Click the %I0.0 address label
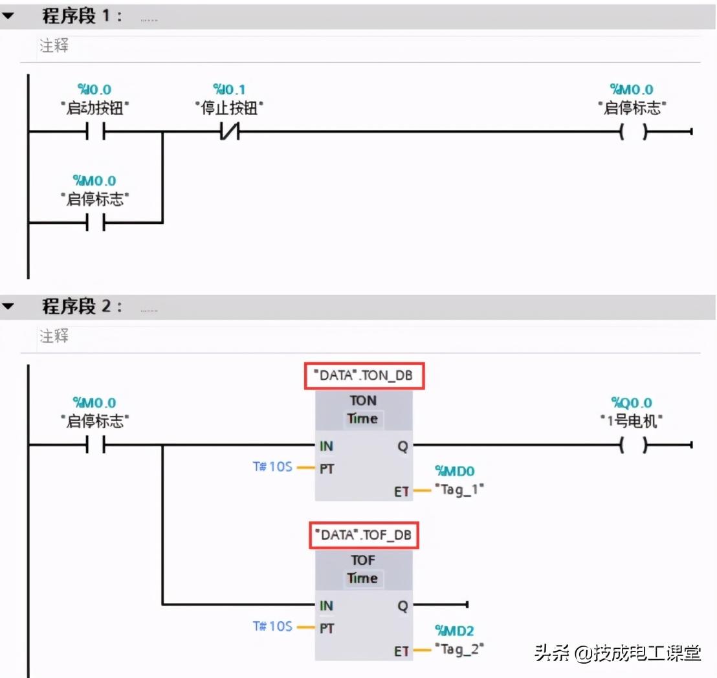(x=94, y=90)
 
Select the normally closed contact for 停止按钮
(x=229, y=133)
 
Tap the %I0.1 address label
(x=230, y=90)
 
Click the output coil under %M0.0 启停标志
(x=632, y=133)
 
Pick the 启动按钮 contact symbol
(x=94, y=133)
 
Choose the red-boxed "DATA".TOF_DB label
(x=362, y=536)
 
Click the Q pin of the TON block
(x=403, y=446)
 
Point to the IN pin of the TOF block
(x=326, y=606)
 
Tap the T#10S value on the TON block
(x=272, y=466)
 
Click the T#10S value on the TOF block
(x=272, y=626)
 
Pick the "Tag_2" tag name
(x=459, y=648)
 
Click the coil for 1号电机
(x=632, y=445)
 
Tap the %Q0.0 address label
(x=632, y=403)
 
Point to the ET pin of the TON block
(x=401, y=492)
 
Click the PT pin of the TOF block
(x=327, y=628)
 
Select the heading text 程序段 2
(x=82, y=307)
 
